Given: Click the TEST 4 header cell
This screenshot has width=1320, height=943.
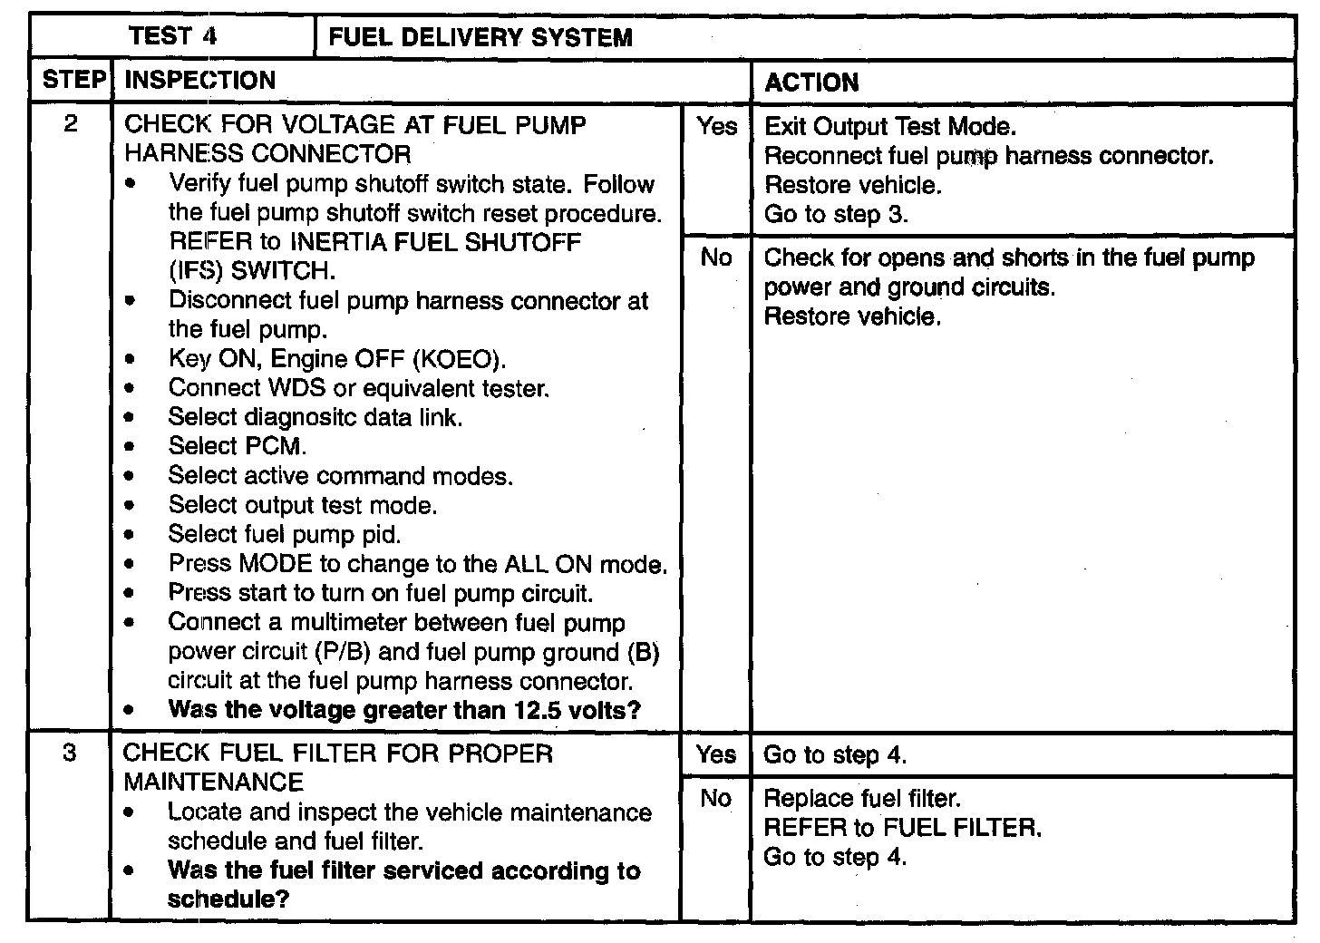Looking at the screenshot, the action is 172,37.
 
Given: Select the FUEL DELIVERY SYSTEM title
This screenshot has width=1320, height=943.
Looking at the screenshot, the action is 480,38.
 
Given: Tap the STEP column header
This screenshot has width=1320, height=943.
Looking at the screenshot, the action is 73,81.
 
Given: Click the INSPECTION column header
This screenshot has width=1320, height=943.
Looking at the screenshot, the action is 199,81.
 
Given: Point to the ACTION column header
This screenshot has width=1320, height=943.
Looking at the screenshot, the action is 811,83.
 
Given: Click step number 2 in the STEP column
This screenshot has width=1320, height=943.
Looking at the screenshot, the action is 71,124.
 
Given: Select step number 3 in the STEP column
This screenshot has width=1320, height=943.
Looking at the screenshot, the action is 71,753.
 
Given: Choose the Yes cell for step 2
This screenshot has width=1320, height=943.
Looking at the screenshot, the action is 716,127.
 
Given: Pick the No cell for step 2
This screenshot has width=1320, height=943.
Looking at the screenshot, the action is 716,258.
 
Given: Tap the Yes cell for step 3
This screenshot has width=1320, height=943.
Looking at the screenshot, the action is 716,754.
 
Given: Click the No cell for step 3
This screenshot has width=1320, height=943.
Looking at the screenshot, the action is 716,798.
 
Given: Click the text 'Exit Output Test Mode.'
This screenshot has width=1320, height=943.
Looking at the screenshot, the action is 890,127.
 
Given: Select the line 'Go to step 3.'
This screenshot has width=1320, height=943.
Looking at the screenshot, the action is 836,215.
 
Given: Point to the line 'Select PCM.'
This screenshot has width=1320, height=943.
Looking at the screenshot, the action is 238,447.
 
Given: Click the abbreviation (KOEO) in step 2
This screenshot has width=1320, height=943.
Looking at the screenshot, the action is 459,359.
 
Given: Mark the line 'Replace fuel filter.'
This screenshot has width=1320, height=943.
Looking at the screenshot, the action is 862,799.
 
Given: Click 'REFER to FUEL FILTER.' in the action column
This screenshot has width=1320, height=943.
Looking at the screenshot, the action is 903,828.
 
